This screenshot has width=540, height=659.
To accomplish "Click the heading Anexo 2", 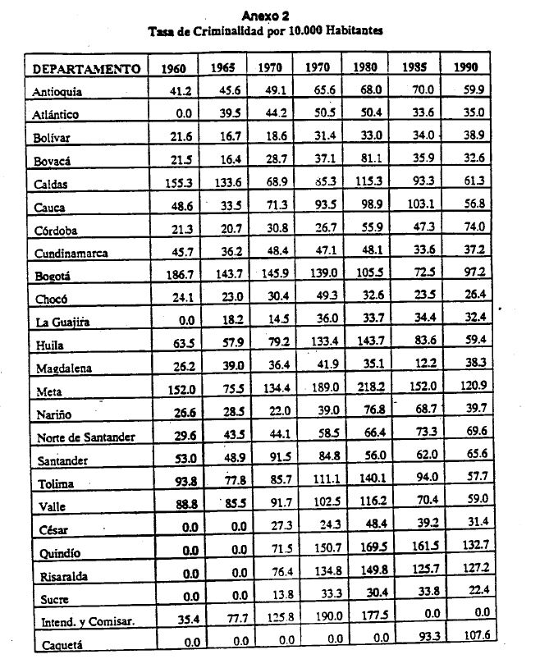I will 264,15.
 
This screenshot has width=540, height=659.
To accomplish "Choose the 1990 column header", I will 465,67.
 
